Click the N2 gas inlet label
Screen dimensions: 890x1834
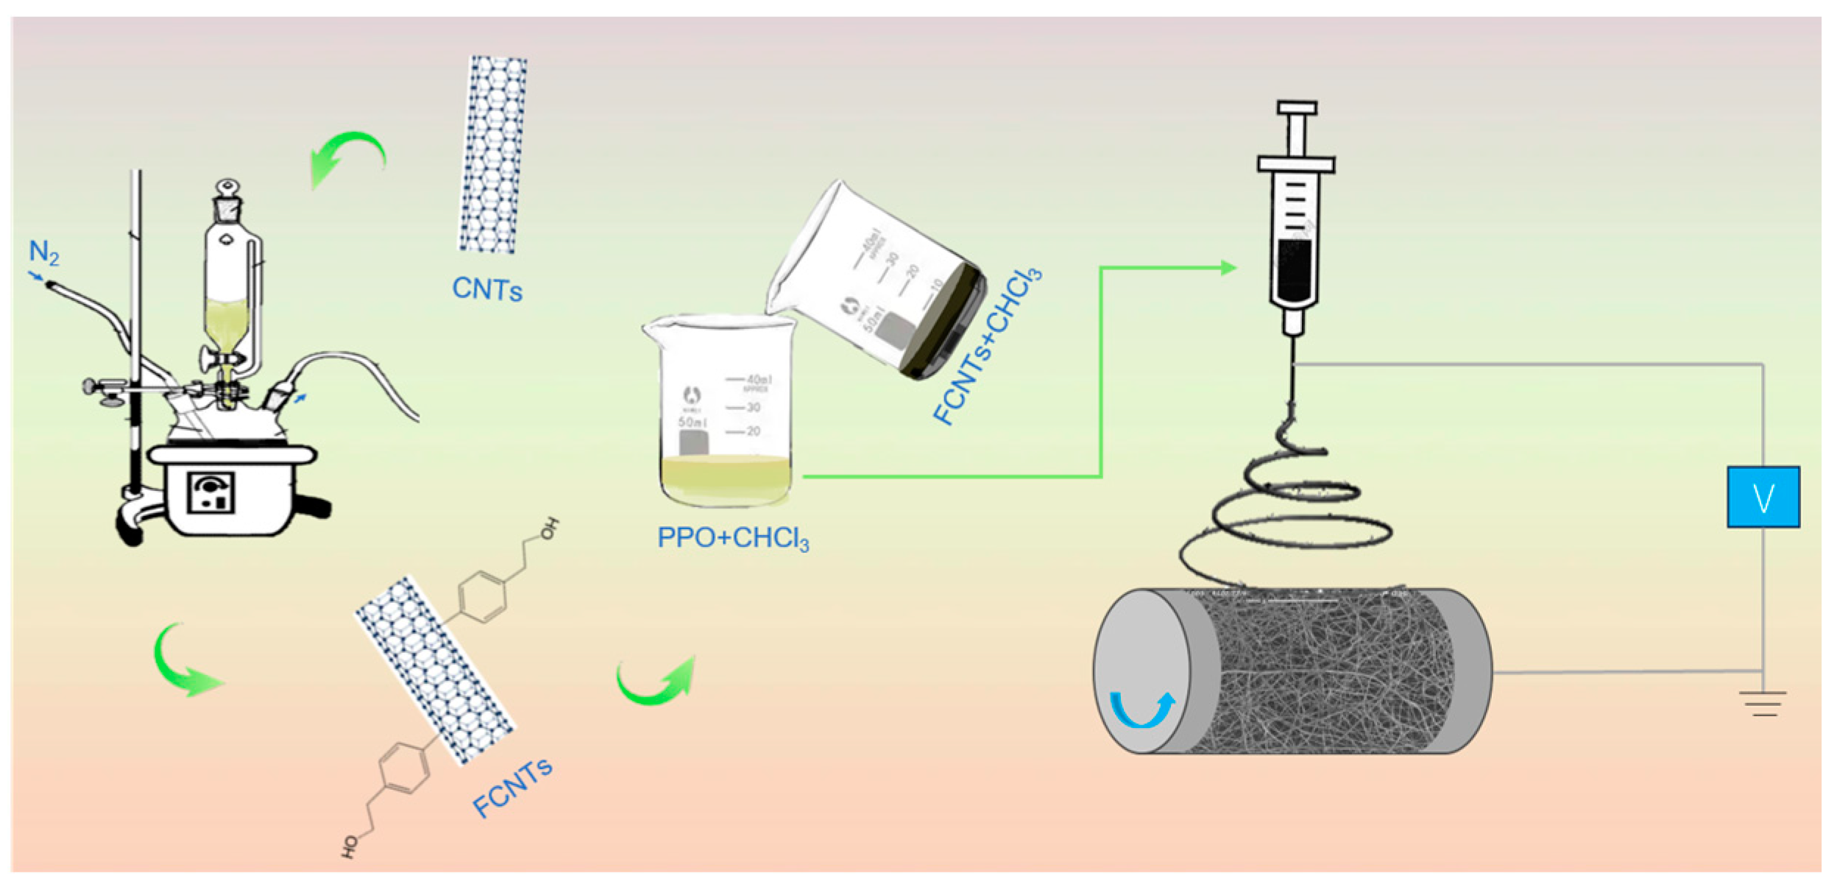point(43,252)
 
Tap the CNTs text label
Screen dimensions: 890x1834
point(487,289)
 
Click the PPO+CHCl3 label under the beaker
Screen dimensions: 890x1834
point(733,538)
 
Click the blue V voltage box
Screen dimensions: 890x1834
point(1763,497)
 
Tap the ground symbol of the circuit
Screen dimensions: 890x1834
point(1764,703)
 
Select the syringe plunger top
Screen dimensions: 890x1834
point(1297,109)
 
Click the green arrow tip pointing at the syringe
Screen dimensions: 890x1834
point(1228,268)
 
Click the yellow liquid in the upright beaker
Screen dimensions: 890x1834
point(726,478)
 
